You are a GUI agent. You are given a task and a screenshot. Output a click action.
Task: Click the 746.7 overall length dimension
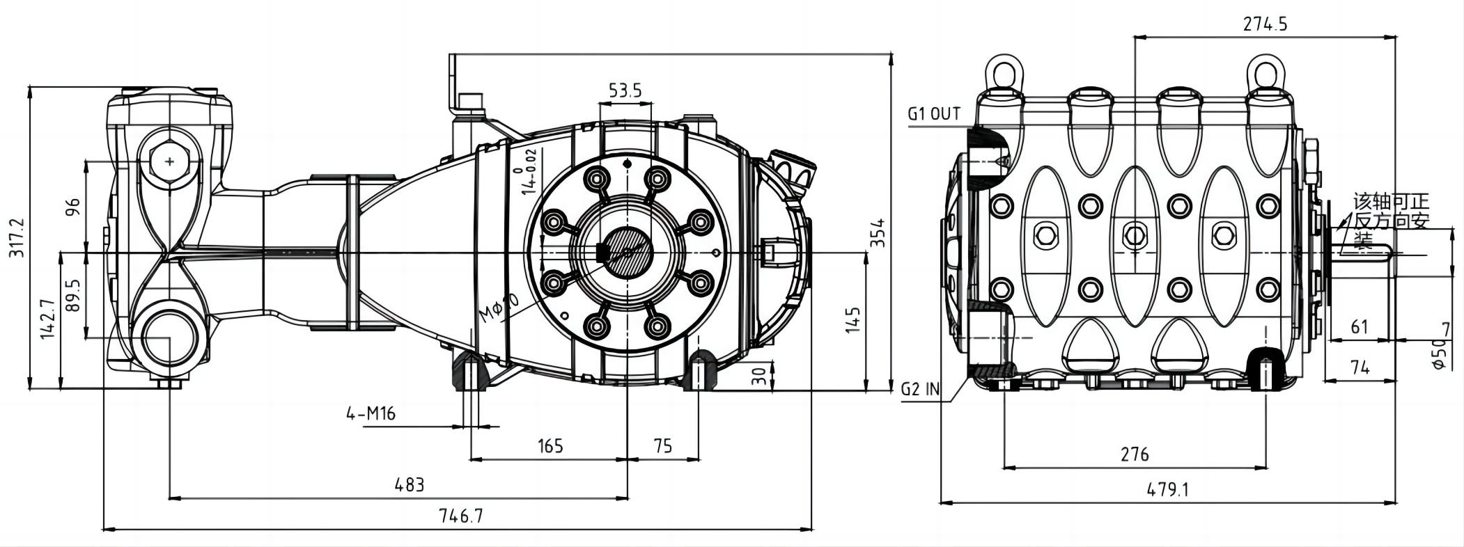pyautogui.click(x=460, y=516)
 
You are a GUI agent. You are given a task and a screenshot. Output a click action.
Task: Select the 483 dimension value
pyautogui.click(x=409, y=484)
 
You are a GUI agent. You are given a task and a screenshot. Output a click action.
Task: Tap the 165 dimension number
pyautogui.click(x=550, y=445)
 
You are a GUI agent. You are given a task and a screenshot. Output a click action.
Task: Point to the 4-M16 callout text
pyautogui.click(x=371, y=414)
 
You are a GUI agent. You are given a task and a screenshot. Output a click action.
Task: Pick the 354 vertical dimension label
pyautogui.click(x=878, y=233)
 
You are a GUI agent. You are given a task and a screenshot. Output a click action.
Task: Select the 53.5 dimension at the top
pyautogui.click(x=625, y=90)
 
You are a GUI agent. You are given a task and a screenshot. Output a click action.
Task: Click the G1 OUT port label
pyautogui.click(x=934, y=114)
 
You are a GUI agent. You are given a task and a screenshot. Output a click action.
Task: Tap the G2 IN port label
pyautogui.click(x=919, y=389)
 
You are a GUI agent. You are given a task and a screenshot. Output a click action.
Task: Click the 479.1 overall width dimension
pyautogui.click(x=1168, y=489)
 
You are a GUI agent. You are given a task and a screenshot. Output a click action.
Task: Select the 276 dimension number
pyautogui.click(x=1135, y=455)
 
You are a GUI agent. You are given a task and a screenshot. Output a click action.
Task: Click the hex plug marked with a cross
pyautogui.click(x=170, y=161)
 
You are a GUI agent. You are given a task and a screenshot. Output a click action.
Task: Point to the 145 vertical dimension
pyautogui.click(x=854, y=320)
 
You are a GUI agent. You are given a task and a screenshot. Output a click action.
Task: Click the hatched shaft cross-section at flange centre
pyautogui.click(x=627, y=252)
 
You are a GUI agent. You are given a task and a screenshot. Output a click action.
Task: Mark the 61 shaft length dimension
pyautogui.click(x=1359, y=326)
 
